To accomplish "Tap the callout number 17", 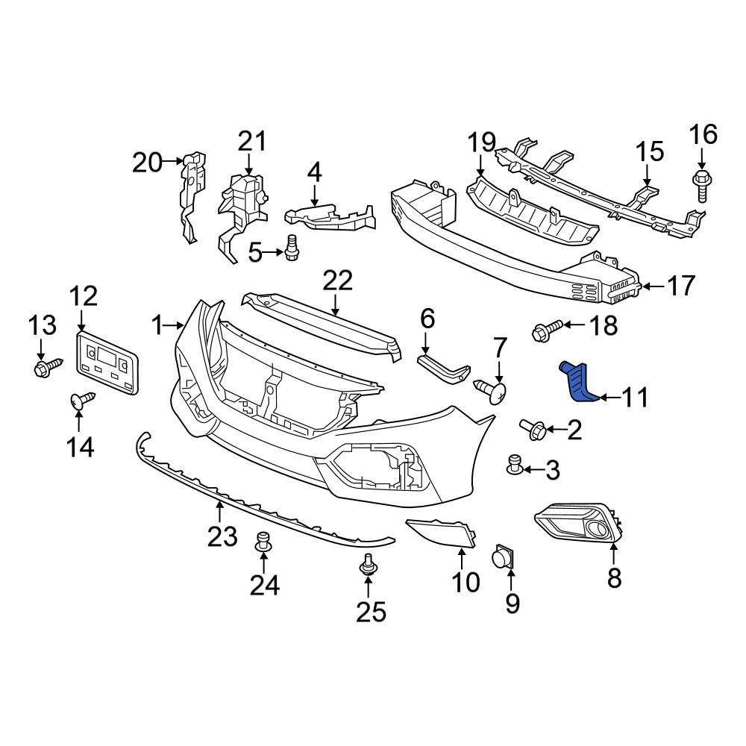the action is (x=681, y=286).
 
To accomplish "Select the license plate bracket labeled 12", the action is (x=107, y=363).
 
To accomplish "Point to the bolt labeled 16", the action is (x=702, y=186).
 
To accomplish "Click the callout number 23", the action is (x=222, y=536).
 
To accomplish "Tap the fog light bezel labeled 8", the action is (x=579, y=524).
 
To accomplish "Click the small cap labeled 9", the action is (x=503, y=557).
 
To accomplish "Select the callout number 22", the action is (x=338, y=280).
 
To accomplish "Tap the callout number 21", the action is (x=252, y=141).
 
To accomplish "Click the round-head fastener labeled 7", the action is (x=491, y=391).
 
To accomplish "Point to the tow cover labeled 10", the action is (x=442, y=534).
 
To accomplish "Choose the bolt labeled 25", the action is (x=368, y=564).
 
